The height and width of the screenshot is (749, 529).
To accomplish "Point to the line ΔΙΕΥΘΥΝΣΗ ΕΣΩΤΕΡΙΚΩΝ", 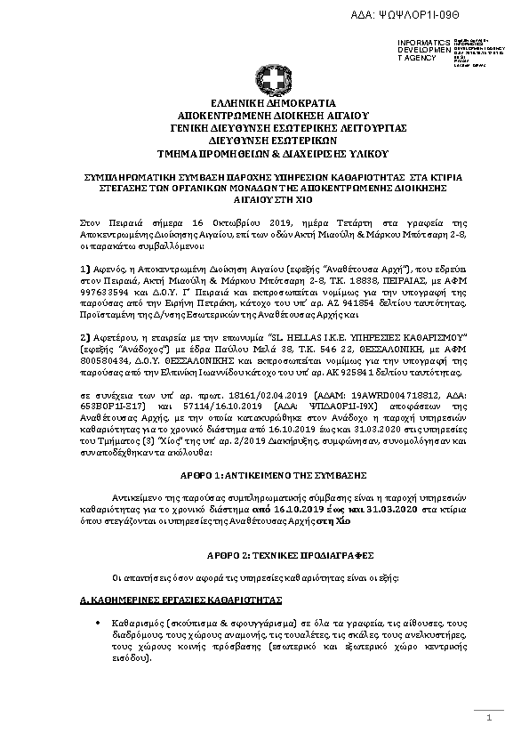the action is (x=273, y=141).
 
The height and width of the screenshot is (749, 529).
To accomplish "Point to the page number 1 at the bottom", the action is (x=489, y=729).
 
